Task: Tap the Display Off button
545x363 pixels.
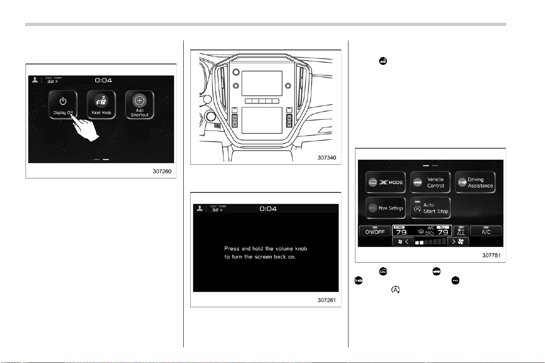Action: (x=63, y=104)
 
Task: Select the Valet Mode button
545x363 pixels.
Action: (x=101, y=104)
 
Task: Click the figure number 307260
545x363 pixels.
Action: (x=162, y=171)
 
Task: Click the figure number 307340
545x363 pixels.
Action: (x=327, y=158)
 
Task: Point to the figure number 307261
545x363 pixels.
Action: (x=327, y=300)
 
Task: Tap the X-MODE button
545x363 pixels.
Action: (x=386, y=182)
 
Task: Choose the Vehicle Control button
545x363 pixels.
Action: (x=430, y=182)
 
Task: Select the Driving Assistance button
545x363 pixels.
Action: (x=475, y=182)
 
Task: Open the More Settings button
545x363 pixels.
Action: (x=386, y=208)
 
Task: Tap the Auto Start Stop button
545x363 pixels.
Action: (x=430, y=208)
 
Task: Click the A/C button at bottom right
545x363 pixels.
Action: (x=486, y=231)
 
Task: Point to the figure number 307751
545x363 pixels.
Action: (x=491, y=255)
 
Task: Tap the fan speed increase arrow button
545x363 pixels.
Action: (x=458, y=242)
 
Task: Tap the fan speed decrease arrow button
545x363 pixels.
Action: (x=403, y=242)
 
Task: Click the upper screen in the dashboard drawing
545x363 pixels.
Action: (x=262, y=83)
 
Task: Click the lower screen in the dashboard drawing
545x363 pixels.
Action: (x=262, y=121)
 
